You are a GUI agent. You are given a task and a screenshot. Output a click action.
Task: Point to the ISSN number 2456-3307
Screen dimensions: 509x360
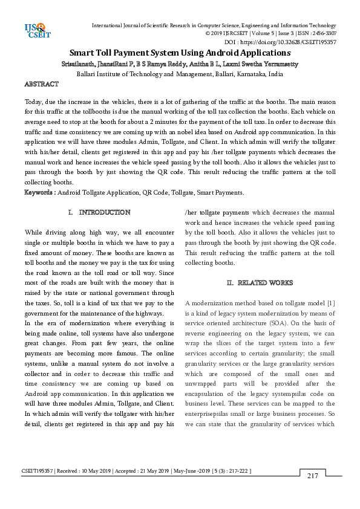(x=324, y=34)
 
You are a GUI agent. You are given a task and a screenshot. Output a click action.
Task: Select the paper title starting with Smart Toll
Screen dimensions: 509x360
(x=180, y=53)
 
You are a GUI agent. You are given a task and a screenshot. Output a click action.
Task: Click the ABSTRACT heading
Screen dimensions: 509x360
(x=41, y=84)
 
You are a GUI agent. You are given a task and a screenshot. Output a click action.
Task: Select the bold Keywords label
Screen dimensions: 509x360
(x=39, y=192)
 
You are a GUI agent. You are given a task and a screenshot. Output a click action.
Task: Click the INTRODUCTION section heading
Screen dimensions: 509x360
(x=105, y=213)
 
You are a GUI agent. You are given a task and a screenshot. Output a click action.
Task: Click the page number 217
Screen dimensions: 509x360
(x=312, y=476)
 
